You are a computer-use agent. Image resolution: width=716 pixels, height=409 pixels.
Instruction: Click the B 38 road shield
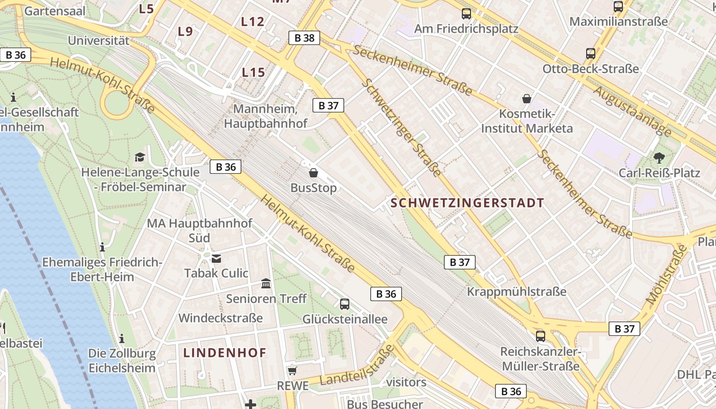pos(304,37)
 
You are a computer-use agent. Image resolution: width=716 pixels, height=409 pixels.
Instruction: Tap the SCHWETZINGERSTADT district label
pos(467,203)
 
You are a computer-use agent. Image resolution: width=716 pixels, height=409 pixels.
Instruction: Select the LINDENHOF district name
pos(225,353)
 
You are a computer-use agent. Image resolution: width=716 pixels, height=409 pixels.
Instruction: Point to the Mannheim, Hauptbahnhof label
pos(266,116)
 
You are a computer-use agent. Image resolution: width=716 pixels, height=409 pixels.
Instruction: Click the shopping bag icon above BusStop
pos(314,173)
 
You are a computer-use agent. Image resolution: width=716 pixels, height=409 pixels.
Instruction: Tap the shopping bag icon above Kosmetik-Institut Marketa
pos(527,99)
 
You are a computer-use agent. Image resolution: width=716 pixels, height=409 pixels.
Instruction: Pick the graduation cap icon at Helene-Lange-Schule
pos(140,157)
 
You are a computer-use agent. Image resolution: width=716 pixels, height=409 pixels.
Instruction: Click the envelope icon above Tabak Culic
pos(216,258)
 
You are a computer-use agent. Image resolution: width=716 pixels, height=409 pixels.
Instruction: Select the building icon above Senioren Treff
pos(266,283)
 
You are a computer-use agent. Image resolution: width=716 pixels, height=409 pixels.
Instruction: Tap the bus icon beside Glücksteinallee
pos(345,304)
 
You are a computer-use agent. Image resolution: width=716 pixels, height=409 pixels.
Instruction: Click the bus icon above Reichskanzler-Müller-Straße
pos(541,336)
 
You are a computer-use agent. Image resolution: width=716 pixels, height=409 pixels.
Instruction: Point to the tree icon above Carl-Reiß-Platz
pos(659,157)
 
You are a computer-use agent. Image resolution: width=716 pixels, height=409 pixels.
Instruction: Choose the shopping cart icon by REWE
pos(292,371)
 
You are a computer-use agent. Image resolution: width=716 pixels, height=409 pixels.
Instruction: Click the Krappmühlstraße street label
pos(517,291)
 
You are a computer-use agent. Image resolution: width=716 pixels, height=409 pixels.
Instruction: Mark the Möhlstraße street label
pos(667,276)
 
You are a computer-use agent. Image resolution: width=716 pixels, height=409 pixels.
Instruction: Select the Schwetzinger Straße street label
pos(401,128)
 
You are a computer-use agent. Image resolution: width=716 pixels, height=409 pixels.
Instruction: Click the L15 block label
pos(253,73)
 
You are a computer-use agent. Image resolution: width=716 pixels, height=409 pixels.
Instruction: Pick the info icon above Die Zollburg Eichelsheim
pos(122,338)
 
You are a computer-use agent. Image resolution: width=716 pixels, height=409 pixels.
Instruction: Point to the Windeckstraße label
pos(220,318)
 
